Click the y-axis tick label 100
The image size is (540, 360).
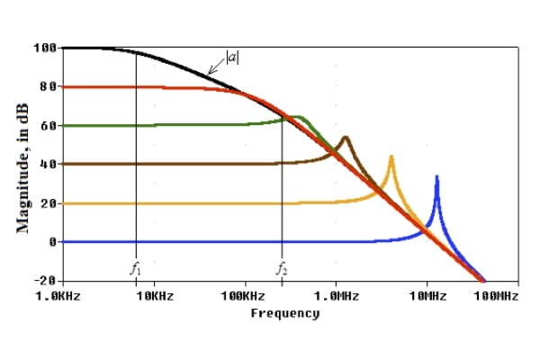[45, 48]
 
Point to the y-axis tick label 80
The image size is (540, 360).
[49, 86]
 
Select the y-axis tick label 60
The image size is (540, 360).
[49, 125]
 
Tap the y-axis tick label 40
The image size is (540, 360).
[49, 164]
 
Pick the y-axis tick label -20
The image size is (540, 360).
[45, 281]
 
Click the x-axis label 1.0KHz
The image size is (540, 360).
[58, 296]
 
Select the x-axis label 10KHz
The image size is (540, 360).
[155, 296]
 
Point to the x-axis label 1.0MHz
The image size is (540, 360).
[337, 296]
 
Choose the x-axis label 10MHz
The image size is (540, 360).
[427, 296]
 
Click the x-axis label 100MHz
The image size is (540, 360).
[496, 296]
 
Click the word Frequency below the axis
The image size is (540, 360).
[285, 313]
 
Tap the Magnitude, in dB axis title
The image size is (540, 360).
[22, 168]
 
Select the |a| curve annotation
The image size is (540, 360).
[232, 58]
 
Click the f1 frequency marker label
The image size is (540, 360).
[135, 268]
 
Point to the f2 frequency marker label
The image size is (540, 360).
[282, 268]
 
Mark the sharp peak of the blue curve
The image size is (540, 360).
[437, 176]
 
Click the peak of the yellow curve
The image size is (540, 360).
[391, 157]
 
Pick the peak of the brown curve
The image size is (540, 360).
[346, 138]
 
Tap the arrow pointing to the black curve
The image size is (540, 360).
[216, 67]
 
